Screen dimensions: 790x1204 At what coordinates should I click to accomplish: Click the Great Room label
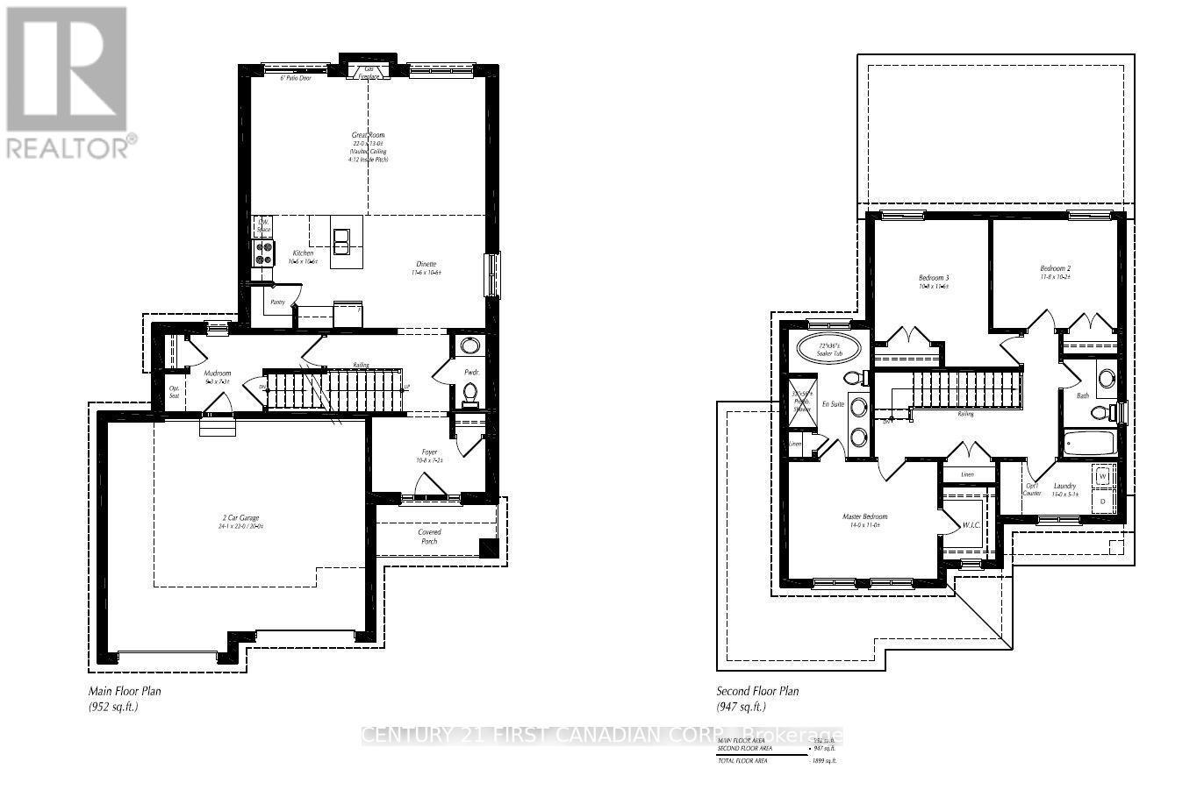click(x=368, y=136)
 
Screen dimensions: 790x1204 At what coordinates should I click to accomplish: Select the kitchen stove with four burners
click(x=264, y=253)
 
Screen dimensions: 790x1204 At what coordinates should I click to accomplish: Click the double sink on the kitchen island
click(x=340, y=239)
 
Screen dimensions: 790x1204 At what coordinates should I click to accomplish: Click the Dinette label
click(x=426, y=264)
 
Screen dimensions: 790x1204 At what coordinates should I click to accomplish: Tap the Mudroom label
click(x=217, y=373)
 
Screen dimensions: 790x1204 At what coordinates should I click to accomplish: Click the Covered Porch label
click(x=429, y=537)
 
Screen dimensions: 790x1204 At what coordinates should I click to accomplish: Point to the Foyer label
click(x=429, y=452)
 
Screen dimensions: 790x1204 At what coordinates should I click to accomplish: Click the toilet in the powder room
click(x=469, y=394)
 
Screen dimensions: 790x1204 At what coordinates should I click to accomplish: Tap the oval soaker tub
click(x=824, y=348)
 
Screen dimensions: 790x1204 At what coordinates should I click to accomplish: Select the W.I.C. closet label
click(x=971, y=525)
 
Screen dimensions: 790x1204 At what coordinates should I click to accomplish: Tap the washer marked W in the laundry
click(x=1103, y=476)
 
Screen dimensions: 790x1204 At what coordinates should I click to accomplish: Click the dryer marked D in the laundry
click(x=1103, y=501)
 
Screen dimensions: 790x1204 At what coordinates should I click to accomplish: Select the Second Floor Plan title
click(x=757, y=691)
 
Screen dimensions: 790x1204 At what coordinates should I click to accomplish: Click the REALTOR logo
click(x=69, y=82)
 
